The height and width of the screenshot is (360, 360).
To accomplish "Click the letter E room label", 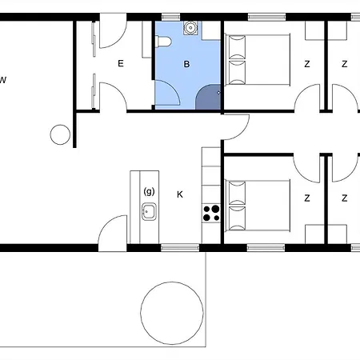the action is pyautogui.click(x=121, y=63).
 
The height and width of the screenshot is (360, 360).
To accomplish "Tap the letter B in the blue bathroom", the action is pyautogui.click(x=186, y=64).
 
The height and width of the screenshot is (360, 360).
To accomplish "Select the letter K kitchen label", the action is pyautogui.click(x=180, y=194).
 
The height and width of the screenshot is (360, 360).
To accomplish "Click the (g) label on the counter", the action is pyautogui.click(x=149, y=191).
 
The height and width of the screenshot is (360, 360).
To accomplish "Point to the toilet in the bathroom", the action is pyautogui.click(x=163, y=42).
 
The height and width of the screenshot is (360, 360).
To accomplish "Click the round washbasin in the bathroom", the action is pyautogui.click(x=190, y=28).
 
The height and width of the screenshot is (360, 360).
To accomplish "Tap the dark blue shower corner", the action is pyautogui.click(x=208, y=97).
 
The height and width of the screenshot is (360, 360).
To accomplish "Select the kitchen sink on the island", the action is pyautogui.click(x=149, y=211).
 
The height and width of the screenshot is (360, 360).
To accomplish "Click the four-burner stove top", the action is pyautogui.click(x=211, y=214).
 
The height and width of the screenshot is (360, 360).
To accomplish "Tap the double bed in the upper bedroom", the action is pyautogui.click(x=258, y=60).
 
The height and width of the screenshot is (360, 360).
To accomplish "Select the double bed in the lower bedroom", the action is pyautogui.click(x=258, y=206).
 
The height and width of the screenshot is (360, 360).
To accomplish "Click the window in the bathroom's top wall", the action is pyautogui.click(x=171, y=18).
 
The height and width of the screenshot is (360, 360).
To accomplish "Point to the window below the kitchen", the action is pyautogui.click(x=180, y=248).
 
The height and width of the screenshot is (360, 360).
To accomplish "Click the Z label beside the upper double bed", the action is pyautogui.click(x=307, y=64).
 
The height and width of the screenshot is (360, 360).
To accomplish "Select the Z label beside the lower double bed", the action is pyautogui.click(x=307, y=198).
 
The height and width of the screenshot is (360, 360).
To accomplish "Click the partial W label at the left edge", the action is pyautogui.click(x=2, y=80).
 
